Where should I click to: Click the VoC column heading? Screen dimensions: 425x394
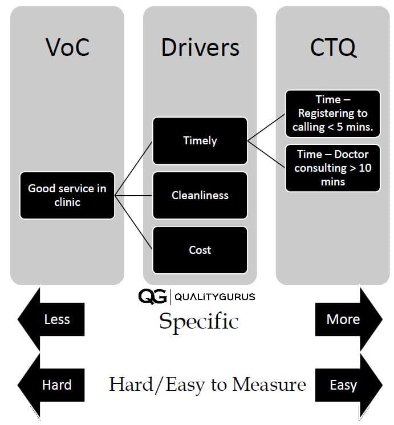tap(67, 48)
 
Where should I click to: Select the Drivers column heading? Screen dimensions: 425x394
tap(200, 48)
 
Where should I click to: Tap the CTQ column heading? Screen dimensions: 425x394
tap(333, 48)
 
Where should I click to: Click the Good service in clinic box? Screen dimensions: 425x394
tap(67, 195)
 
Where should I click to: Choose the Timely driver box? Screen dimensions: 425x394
tap(200, 141)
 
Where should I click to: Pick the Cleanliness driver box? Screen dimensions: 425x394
tap(200, 195)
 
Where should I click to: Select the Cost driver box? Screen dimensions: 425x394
tap(200, 250)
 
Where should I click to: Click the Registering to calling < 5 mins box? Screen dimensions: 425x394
tap(332, 114)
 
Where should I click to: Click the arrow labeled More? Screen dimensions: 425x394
tap(347, 319)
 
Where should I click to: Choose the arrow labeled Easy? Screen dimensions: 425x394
tap(347, 385)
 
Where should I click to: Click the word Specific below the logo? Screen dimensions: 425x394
tap(198, 321)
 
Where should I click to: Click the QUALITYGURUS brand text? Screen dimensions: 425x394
tap(214, 297)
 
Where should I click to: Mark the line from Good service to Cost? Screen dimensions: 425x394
tap(133, 222)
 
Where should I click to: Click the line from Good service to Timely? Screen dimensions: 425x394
tap(133, 168)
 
